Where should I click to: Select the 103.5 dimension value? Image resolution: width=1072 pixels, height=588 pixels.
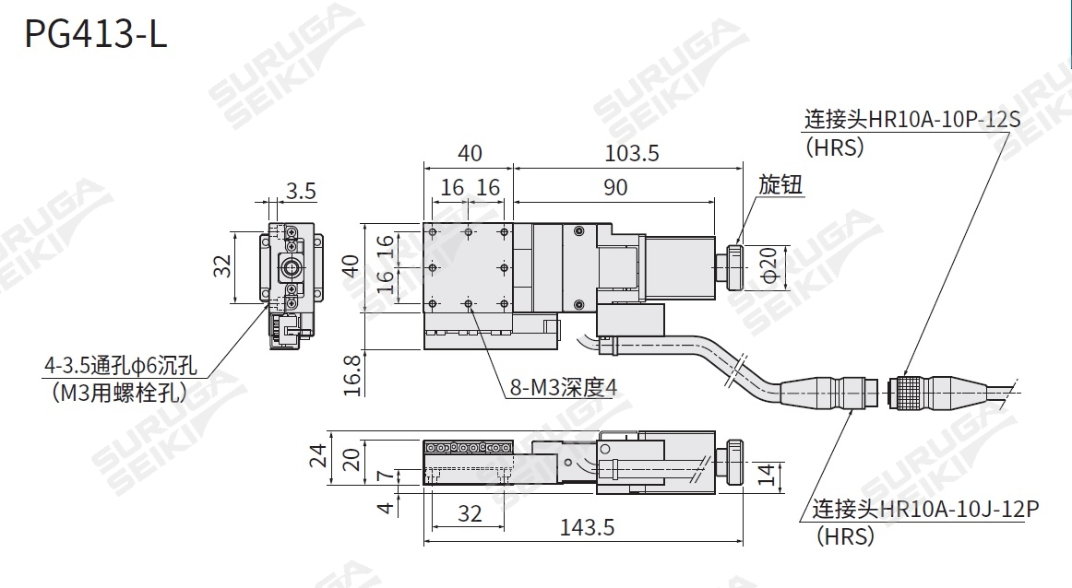click(633, 153)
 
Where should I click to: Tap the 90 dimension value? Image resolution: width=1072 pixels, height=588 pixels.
click(615, 187)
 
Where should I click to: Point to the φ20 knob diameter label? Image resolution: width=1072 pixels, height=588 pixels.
click(768, 267)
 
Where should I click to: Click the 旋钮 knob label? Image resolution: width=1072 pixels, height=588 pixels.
click(780, 184)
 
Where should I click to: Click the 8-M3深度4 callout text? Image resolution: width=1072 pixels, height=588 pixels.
click(563, 387)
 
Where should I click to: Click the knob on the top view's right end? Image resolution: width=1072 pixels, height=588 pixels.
click(735, 268)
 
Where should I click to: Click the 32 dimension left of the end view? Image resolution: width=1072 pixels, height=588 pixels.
click(222, 266)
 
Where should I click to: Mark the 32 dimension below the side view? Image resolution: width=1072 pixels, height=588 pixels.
click(470, 513)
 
